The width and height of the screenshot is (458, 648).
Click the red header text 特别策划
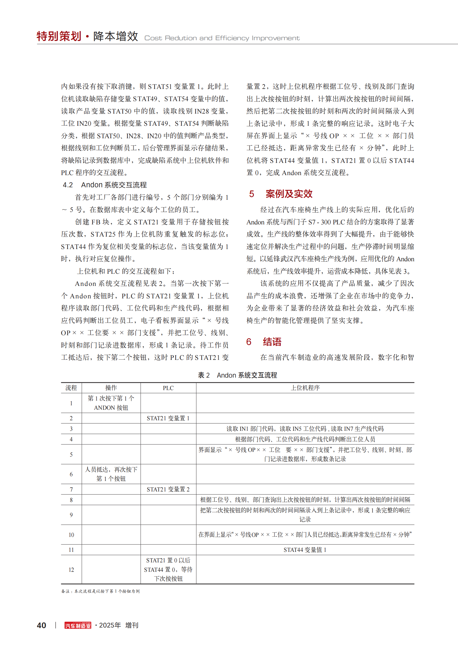(59, 36)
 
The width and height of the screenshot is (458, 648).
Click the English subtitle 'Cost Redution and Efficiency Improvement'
(222, 38)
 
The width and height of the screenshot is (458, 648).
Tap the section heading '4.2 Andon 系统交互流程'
(105, 185)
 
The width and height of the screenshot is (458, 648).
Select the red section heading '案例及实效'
(289, 194)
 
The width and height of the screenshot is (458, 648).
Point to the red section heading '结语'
(272, 342)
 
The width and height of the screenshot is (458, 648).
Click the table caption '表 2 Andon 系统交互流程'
(237, 375)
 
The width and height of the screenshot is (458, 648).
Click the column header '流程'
(71, 388)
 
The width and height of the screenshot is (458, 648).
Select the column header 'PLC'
(168, 388)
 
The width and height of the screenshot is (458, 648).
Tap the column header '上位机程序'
(305, 388)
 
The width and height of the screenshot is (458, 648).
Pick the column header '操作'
(111, 388)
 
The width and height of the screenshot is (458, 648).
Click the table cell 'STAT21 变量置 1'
(168, 418)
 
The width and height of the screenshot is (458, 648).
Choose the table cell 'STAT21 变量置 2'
(168, 489)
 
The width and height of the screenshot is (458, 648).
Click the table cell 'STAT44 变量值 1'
(305, 550)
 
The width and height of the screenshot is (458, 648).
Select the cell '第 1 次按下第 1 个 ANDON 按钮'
(111, 403)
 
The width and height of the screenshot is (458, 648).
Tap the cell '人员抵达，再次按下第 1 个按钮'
(111, 474)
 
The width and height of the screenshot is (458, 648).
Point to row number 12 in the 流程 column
(71, 570)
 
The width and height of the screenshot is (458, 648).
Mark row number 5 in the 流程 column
(71, 454)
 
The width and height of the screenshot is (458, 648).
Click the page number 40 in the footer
(42, 626)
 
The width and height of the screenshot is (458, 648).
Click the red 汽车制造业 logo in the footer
(78, 626)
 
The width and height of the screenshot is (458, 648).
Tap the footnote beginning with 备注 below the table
(101, 591)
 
